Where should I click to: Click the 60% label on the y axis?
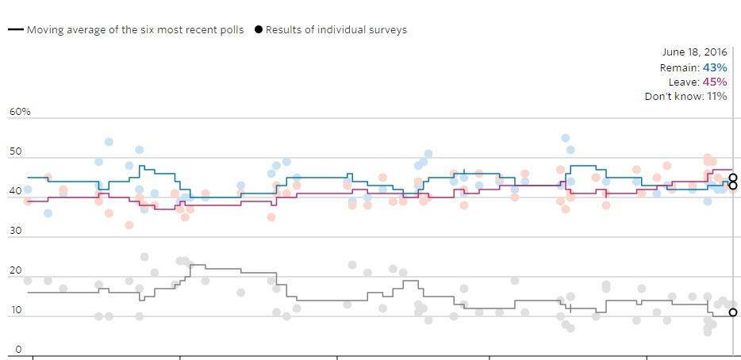pos(20,112)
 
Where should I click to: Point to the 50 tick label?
pos(15,151)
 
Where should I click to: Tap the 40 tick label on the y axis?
pos(15,191)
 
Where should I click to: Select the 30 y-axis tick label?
pos(15,231)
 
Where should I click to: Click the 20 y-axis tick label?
pos(15,270)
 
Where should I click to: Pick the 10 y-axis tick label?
pos(15,310)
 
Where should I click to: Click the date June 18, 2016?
pos(694,52)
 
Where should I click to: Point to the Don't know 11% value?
pos(717,97)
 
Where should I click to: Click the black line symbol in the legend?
pos(15,30)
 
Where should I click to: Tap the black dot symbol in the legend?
pos(259,30)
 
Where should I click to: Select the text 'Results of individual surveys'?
pos(336,30)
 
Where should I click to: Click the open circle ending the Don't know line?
pos(733,312)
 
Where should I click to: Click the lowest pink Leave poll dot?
pos(129,225)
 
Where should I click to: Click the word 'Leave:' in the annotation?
pos(684,82)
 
